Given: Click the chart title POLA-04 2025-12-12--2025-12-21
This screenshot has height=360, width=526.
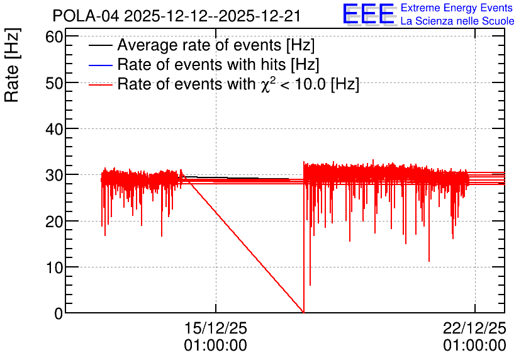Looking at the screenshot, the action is (176, 16).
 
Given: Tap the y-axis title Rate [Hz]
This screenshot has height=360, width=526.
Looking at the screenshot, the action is (12, 65).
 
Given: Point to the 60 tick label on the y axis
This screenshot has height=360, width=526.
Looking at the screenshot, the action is (54, 37).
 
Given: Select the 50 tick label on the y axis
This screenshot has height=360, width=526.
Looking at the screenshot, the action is (54, 83).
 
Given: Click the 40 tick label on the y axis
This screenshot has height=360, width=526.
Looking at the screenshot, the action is (54, 129).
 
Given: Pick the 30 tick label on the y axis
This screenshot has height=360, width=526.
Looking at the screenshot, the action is (54, 175).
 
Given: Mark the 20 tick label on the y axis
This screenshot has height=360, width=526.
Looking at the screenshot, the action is (54, 222).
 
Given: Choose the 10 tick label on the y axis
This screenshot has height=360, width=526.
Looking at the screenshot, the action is (54, 267).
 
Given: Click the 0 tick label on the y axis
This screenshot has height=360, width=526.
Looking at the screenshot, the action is (59, 313).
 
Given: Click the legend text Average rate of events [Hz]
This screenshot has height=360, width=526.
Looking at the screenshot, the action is (216, 45).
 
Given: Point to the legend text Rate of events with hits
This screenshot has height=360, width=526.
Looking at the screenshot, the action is (218, 64).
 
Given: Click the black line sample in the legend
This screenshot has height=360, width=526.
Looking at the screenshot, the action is (101, 45).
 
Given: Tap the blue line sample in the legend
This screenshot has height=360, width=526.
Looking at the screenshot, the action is (101, 65).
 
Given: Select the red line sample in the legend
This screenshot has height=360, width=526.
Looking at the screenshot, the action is (101, 85).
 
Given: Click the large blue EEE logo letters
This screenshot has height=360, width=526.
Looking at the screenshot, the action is (368, 14).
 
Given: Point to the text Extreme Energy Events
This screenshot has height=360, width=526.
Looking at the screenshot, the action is (457, 8).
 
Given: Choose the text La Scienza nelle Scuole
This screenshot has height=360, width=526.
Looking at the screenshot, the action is (457, 21).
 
